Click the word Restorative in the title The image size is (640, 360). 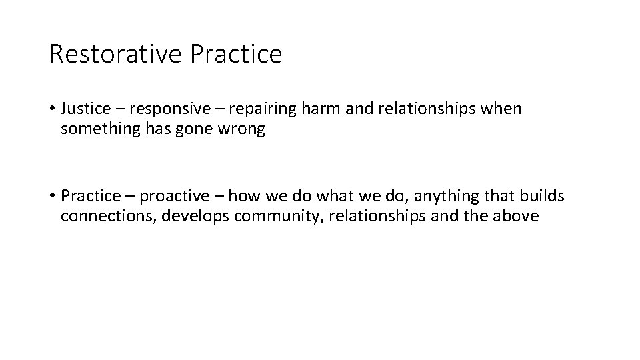pyautogui.click(x=116, y=54)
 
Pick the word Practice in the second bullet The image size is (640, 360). pyautogui.click(x=89, y=196)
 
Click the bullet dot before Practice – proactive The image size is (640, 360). pyautogui.click(x=52, y=197)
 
